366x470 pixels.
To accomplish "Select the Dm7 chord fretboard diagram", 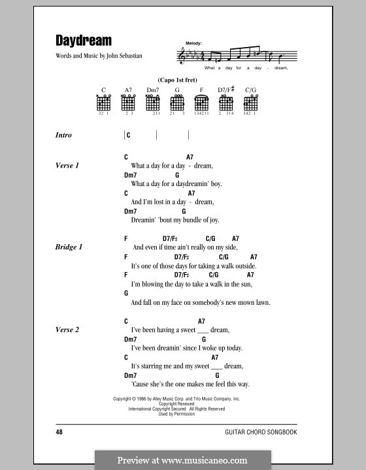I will pyautogui.click(x=153, y=102).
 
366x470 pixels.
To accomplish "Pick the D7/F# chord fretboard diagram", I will pyautogui.click(x=225, y=102).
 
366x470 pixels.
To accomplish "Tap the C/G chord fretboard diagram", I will pyautogui.click(x=250, y=102).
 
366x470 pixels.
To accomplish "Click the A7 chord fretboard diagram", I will pyautogui.click(x=128, y=102).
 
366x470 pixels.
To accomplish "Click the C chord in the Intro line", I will pyautogui.click(x=129, y=135).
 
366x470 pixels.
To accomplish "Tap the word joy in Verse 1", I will pyautogui.click(x=205, y=220).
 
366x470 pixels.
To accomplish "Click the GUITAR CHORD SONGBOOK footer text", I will pyautogui.click(x=273, y=432).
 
